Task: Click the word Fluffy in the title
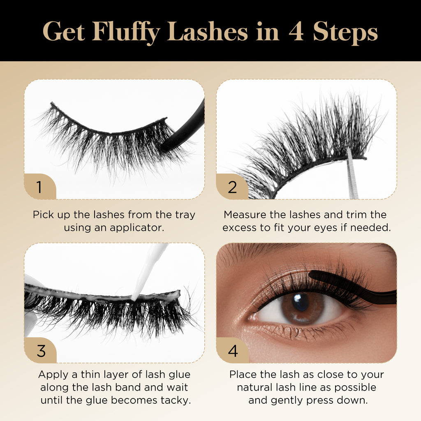(x=126, y=32)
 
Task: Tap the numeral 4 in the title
(x=296, y=32)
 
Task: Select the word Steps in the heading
(x=345, y=33)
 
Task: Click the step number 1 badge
(x=40, y=187)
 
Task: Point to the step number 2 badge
(x=232, y=187)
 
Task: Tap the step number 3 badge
(x=40, y=350)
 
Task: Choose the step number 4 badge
(x=233, y=350)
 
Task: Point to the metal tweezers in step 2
(x=352, y=174)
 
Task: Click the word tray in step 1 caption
(x=185, y=215)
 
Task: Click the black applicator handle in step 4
(x=354, y=287)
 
